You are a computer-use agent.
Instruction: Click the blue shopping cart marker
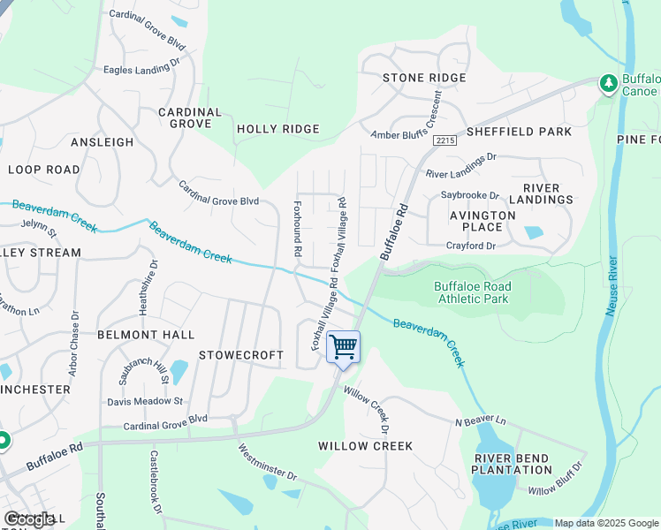pyautogui.click(x=343, y=345)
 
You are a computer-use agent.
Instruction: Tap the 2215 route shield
pyautogui.click(x=446, y=140)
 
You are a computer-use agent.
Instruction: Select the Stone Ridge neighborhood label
pyautogui.click(x=424, y=79)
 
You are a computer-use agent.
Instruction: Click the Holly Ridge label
pyautogui.click(x=277, y=129)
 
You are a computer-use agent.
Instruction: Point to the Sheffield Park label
pyautogui.click(x=518, y=132)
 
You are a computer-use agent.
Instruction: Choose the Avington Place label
pyautogui.click(x=482, y=221)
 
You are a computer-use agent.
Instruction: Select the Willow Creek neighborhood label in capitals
pyautogui.click(x=365, y=446)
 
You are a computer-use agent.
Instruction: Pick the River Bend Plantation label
pyautogui.click(x=513, y=464)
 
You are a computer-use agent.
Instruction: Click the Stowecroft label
pyautogui.click(x=241, y=355)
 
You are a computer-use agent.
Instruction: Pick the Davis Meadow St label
pyautogui.click(x=145, y=400)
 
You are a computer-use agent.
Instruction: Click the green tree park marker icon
pyautogui.click(x=608, y=83)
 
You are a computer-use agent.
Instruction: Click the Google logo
pyautogui.click(x=29, y=519)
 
